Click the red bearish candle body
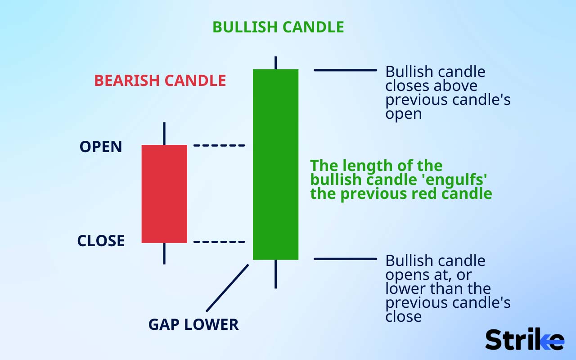[x=164, y=193]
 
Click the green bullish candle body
[x=275, y=164]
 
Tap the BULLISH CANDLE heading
[x=278, y=27]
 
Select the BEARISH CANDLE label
[x=160, y=81]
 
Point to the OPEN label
[x=101, y=147]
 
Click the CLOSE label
[x=101, y=241]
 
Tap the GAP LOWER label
[x=193, y=324]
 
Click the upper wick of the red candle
[x=164, y=134]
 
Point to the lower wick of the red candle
[x=164, y=253]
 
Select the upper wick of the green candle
[x=275, y=63]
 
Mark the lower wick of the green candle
[x=275, y=274]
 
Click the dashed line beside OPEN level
[x=219, y=145]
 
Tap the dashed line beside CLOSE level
[x=219, y=242]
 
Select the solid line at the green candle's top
[x=345, y=70]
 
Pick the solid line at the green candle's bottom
[x=345, y=259]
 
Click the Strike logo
[x=524, y=340]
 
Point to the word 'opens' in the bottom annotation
[x=406, y=274]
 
